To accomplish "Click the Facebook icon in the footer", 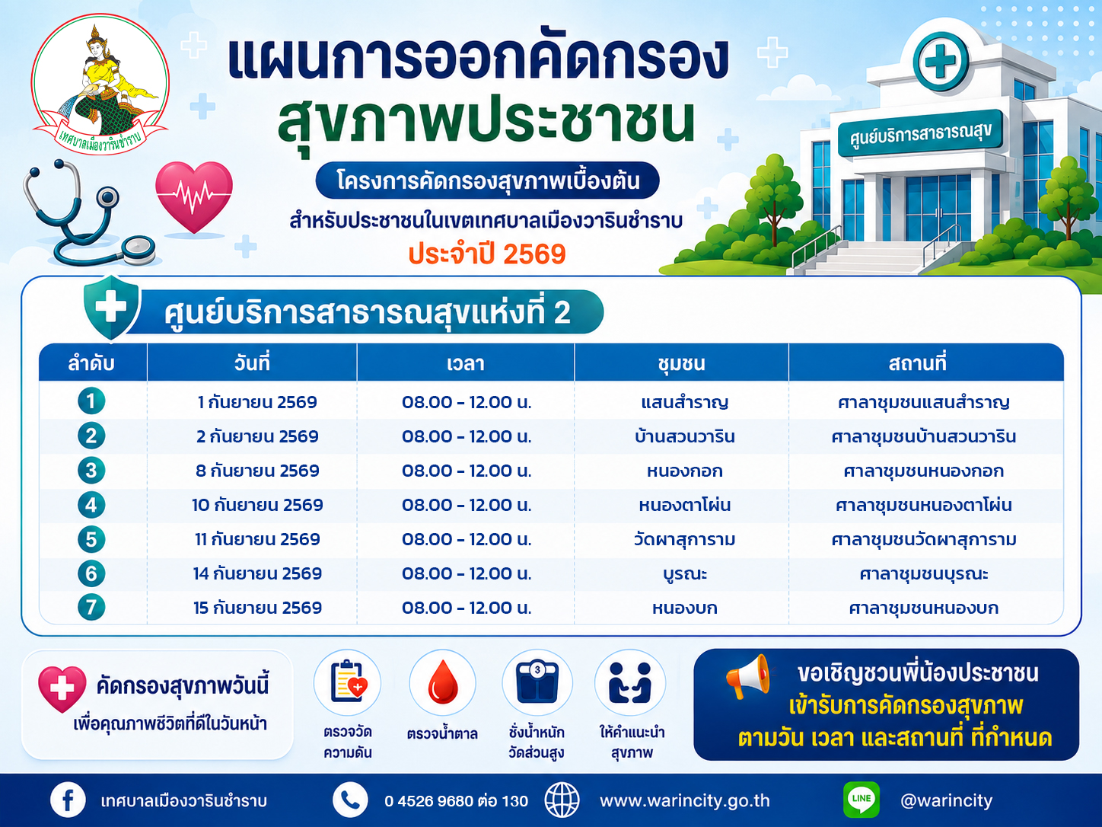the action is click(x=68, y=800).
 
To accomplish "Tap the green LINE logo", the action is click(x=862, y=800).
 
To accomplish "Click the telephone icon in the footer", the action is click(x=350, y=800).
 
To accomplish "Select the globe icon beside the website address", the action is click(x=562, y=800).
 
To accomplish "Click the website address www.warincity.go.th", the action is click(x=684, y=800).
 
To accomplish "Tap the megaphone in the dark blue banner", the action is click(x=748, y=676).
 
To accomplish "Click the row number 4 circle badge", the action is click(x=91, y=505).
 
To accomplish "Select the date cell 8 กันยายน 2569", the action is click(x=257, y=471).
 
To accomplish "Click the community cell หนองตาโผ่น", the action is click(x=684, y=505).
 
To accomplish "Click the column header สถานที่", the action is click(x=917, y=362).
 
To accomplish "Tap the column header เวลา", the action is click(x=466, y=363).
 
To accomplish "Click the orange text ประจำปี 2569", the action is click(x=487, y=254).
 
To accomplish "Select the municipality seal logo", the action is click(x=100, y=85).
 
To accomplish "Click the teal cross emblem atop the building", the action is click(x=941, y=61).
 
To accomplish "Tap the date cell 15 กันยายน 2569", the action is click(x=257, y=608).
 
